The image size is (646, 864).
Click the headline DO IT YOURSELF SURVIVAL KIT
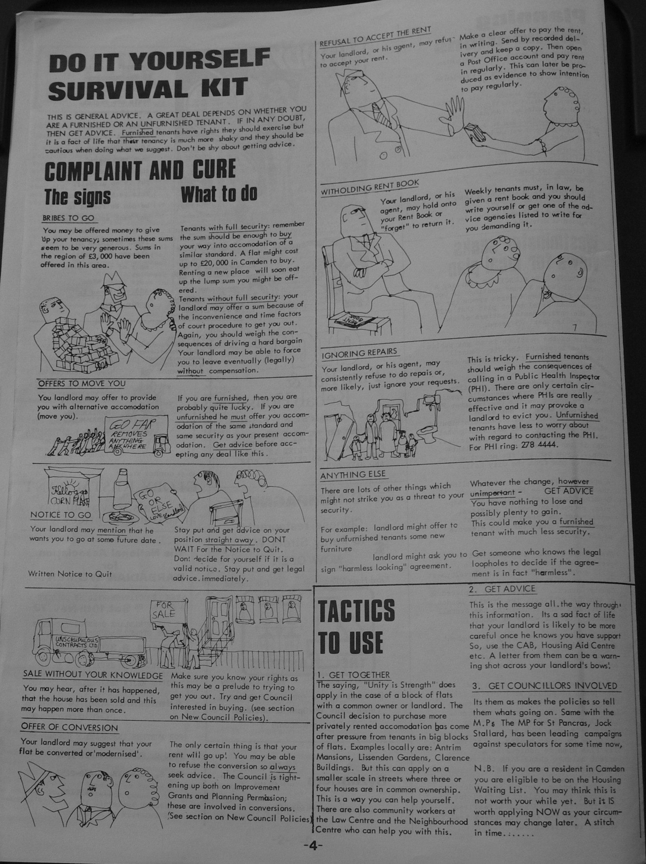tap(159, 74)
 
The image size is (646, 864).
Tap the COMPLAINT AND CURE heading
tap(140, 170)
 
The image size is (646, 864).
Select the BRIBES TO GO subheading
tap(68, 218)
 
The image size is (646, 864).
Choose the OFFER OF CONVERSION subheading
tap(69, 727)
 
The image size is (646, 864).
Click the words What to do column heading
tap(219, 194)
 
